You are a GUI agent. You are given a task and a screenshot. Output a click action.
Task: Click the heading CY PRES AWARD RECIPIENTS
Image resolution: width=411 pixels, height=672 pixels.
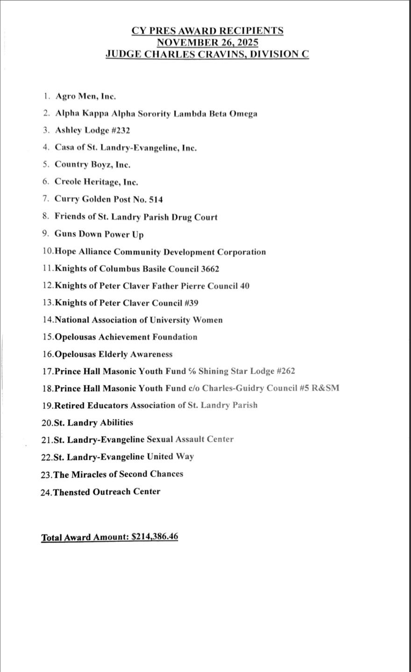click(x=207, y=31)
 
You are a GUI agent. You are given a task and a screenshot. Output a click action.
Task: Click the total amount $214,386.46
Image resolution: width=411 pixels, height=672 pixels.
click(x=155, y=536)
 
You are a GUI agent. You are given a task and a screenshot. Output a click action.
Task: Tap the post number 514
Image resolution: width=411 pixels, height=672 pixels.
click(x=154, y=199)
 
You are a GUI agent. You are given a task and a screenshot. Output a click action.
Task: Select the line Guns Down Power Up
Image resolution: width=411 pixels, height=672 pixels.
click(x=99, y=234)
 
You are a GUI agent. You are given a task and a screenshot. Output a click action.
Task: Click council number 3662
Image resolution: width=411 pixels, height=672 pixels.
click(x=210, y=269)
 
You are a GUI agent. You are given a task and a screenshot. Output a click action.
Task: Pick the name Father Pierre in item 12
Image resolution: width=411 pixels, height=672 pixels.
click(x=181, y=286)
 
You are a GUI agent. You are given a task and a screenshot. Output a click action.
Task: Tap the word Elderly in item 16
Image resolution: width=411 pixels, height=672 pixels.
click(x=113, y=354)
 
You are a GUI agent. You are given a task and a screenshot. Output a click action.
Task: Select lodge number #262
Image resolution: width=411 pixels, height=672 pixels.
click(x=283, y=371)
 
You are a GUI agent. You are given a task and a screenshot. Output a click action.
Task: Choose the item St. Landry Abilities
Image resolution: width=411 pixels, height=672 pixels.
click(x=93, y=422)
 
